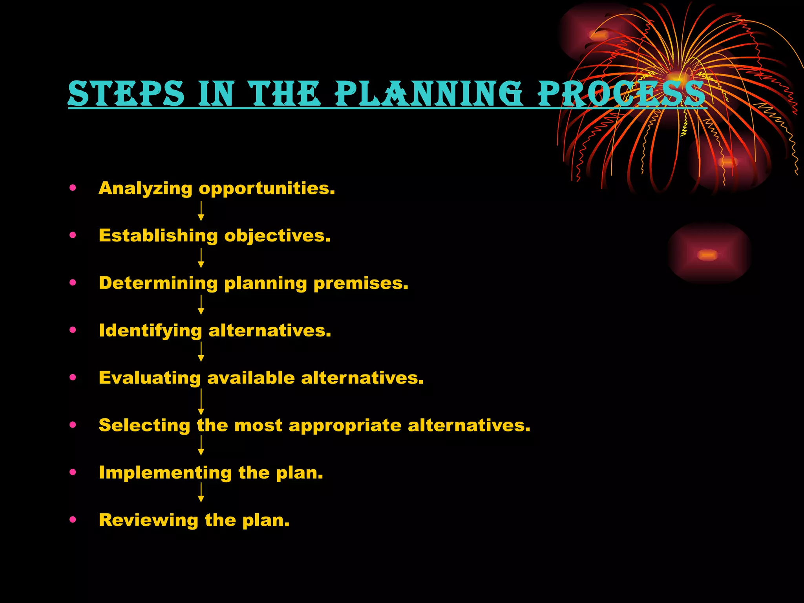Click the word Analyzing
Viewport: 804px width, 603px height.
click(145, 189)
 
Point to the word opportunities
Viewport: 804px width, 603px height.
click(267, 189)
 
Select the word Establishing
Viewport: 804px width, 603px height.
click(158, 236)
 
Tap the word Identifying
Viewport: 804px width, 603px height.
click(150, 331)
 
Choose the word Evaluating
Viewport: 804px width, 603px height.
click(150, 378)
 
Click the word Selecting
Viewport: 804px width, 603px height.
click(144, 425)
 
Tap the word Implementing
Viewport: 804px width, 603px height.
click(165, 473)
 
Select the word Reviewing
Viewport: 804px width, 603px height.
click(148, 520)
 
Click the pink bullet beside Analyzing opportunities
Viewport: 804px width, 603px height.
click(73, 188)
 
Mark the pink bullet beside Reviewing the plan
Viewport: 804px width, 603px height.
click(73, 520)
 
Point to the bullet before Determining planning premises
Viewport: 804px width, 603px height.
click(73, 283)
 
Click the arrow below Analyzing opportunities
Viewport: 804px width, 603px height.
click(201, 211)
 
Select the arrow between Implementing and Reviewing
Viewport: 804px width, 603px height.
click(201, 492)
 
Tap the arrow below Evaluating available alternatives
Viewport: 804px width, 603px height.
click(201, 402)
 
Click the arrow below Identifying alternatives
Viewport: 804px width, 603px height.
click(201, 352)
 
